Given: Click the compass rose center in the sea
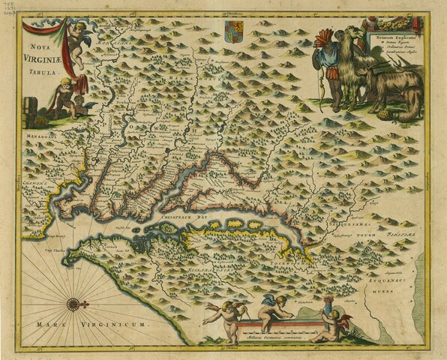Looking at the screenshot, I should pos(73,304).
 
